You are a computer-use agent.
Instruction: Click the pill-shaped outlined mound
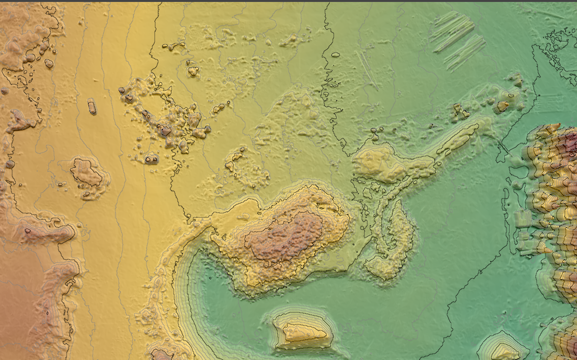click(92, 106)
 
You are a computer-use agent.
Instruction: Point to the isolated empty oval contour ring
click(336, 54)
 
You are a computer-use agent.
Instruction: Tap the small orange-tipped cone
click(502, 105)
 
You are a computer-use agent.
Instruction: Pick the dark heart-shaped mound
click(166, 131)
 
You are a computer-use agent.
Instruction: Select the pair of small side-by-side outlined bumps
click(152, 159)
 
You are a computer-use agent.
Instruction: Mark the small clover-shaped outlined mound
click(194, 71)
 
